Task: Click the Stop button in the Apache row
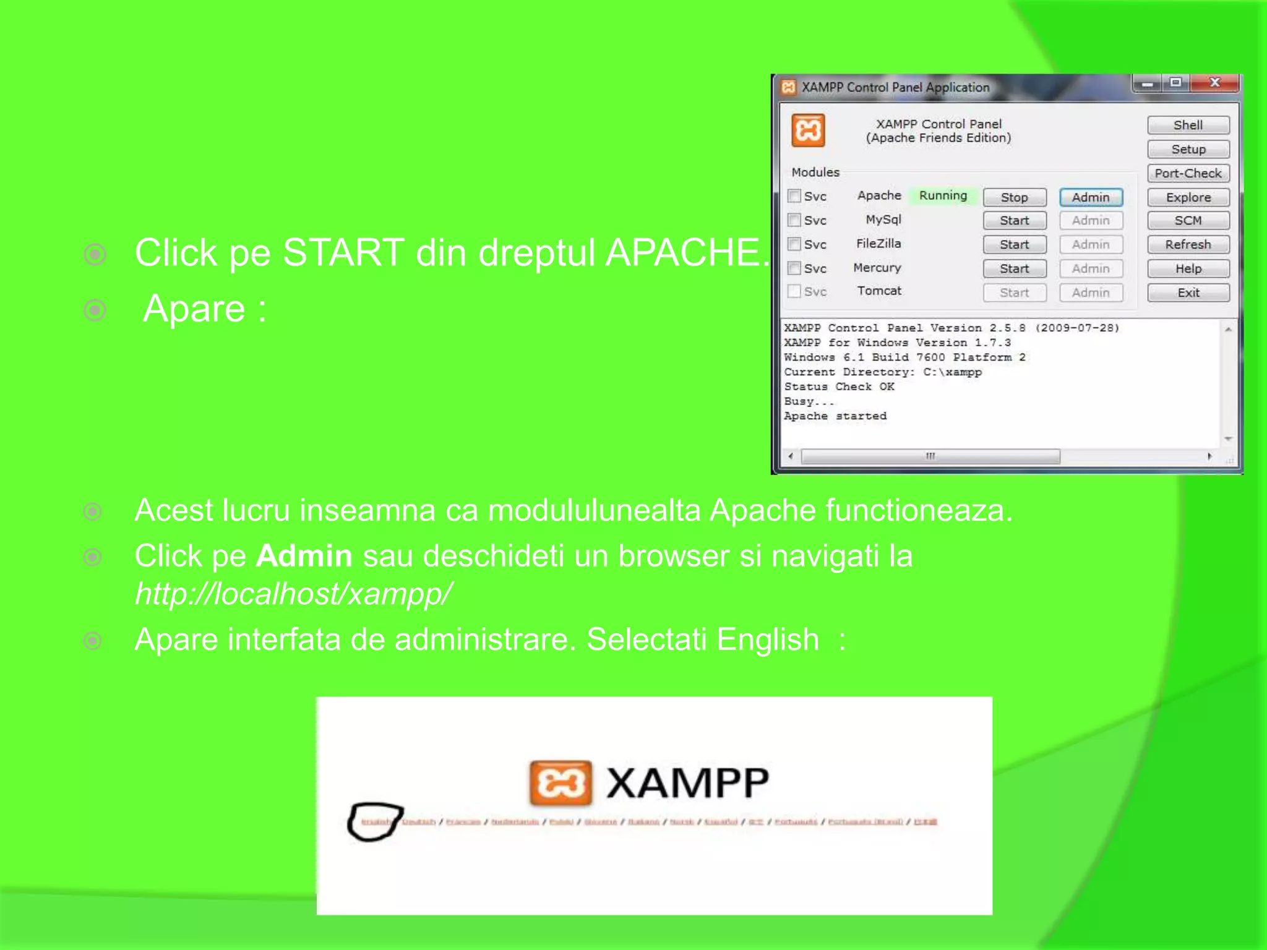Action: tap(1014, 197)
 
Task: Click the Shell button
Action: tap(1188, 125)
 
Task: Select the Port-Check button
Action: tap(1188, 173)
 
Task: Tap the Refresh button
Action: tap(1188, 244)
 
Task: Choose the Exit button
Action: tap(1188, 293)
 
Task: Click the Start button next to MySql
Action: tap(1014, 221)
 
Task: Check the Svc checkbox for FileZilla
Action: tap(794, 244)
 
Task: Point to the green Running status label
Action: tap(943, 195)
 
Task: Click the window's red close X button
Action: tap(1214, 82)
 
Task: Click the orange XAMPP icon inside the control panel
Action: tap(808, 131)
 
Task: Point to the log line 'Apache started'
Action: tap(835, 416)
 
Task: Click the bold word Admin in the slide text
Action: tap(304, 555)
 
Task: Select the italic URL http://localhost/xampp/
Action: tap(293, 594)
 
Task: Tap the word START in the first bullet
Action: tap(343, 252)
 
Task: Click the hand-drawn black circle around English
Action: tap(374, 821)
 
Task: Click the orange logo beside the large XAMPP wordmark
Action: tap(560, 783)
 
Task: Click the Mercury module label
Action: tap(877, 268)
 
